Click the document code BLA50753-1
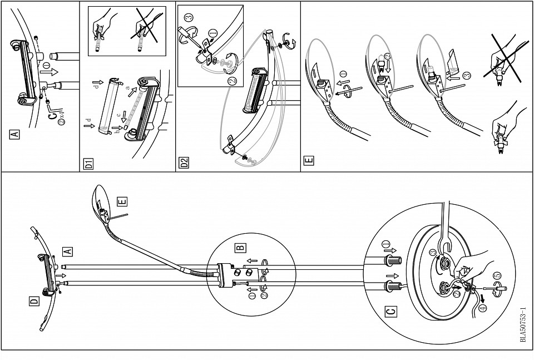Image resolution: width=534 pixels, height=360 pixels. tap(523, 326)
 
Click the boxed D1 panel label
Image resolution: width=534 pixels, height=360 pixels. tap(87, 164)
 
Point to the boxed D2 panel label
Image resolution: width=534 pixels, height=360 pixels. tap(184, 164)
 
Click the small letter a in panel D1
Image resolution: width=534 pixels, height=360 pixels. tap(127, 87)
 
